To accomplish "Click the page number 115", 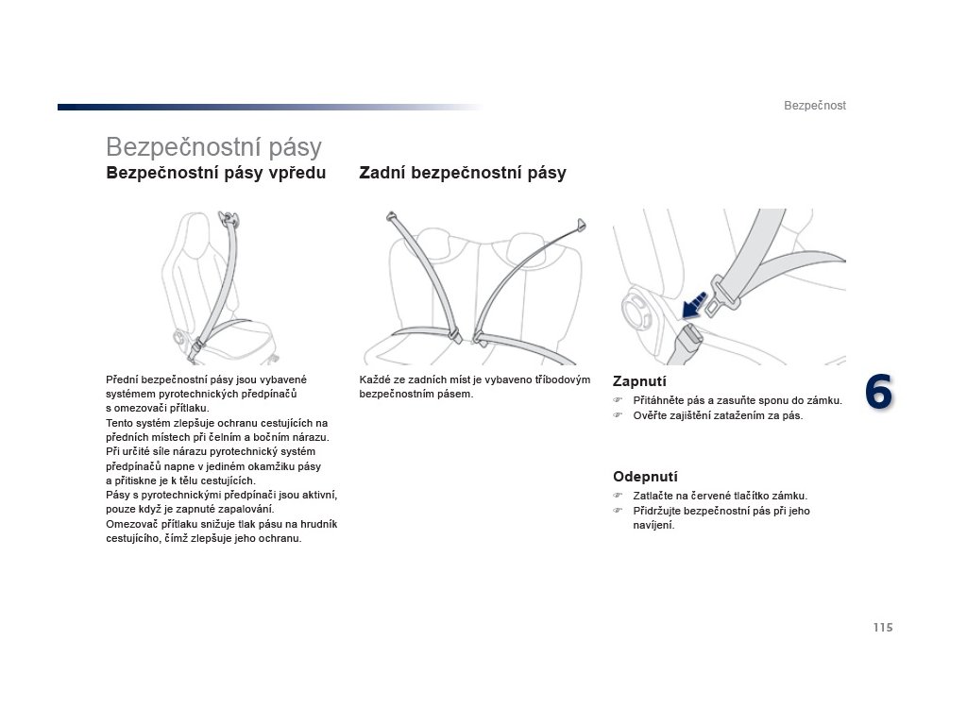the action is (x=883, y=627).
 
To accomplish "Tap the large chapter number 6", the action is (x=878, y=392).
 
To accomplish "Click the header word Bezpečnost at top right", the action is (x=814, y=106).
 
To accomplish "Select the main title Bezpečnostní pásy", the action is (x=213, y=147).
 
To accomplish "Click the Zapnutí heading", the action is (x=639, y=381).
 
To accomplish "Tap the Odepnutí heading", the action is (x=645, y=477).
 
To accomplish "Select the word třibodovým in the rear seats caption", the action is (x=563, y=379).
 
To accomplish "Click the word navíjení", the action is (x=653, y=526).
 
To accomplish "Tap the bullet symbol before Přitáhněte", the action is (x=619, y=401).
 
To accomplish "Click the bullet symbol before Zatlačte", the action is (x=619, y=496).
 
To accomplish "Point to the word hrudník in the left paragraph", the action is (x=318, y=523).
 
